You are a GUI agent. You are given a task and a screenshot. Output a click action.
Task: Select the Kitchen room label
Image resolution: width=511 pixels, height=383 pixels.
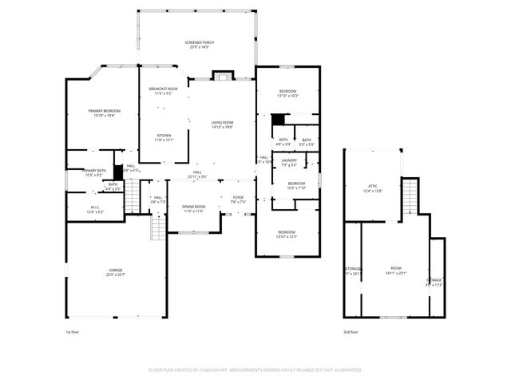pos(163,137)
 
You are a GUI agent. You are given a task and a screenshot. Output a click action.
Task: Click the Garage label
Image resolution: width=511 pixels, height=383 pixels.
pos(116,272)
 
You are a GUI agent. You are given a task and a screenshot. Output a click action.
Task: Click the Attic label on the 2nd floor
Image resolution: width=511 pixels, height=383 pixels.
pos(373,188)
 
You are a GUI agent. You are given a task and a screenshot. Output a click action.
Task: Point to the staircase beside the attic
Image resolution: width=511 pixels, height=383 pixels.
pos(410,192)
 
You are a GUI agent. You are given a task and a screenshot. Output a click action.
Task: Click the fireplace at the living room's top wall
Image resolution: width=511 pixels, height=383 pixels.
pos(222,77)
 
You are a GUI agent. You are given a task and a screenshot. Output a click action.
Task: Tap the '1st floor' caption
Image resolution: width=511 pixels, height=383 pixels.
pos(73,331)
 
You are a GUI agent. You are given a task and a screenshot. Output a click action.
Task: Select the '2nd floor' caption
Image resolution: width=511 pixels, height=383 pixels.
pos(351,331)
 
